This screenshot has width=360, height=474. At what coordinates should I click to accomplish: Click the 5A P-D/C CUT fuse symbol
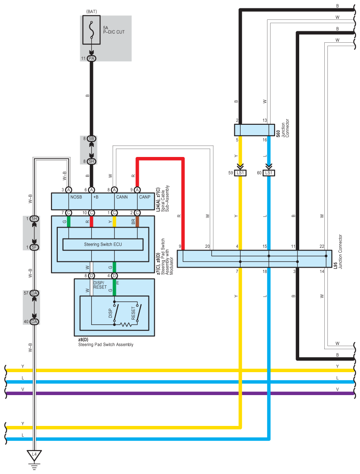[92, 31]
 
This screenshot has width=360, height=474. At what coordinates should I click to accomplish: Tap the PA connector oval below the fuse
[92, 58]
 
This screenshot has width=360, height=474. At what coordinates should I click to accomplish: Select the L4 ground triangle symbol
[34, 454]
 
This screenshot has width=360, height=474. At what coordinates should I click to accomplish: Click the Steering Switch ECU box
[104, 244]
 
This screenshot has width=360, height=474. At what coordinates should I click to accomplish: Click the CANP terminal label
[145, 197]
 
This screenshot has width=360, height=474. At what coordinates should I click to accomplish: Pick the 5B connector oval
[92, 138]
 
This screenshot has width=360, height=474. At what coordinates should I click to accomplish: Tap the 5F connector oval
[34, 247]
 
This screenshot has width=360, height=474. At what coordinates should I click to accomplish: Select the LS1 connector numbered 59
[240, 173]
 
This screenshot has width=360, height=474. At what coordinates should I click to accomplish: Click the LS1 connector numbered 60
[269, 173]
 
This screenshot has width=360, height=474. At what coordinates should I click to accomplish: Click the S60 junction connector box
[254, 130]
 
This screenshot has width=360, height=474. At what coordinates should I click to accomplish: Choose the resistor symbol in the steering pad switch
[126, 325]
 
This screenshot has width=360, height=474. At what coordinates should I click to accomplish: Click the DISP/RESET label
[100, 284]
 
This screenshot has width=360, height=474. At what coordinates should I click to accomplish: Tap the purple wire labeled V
[176, 393]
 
